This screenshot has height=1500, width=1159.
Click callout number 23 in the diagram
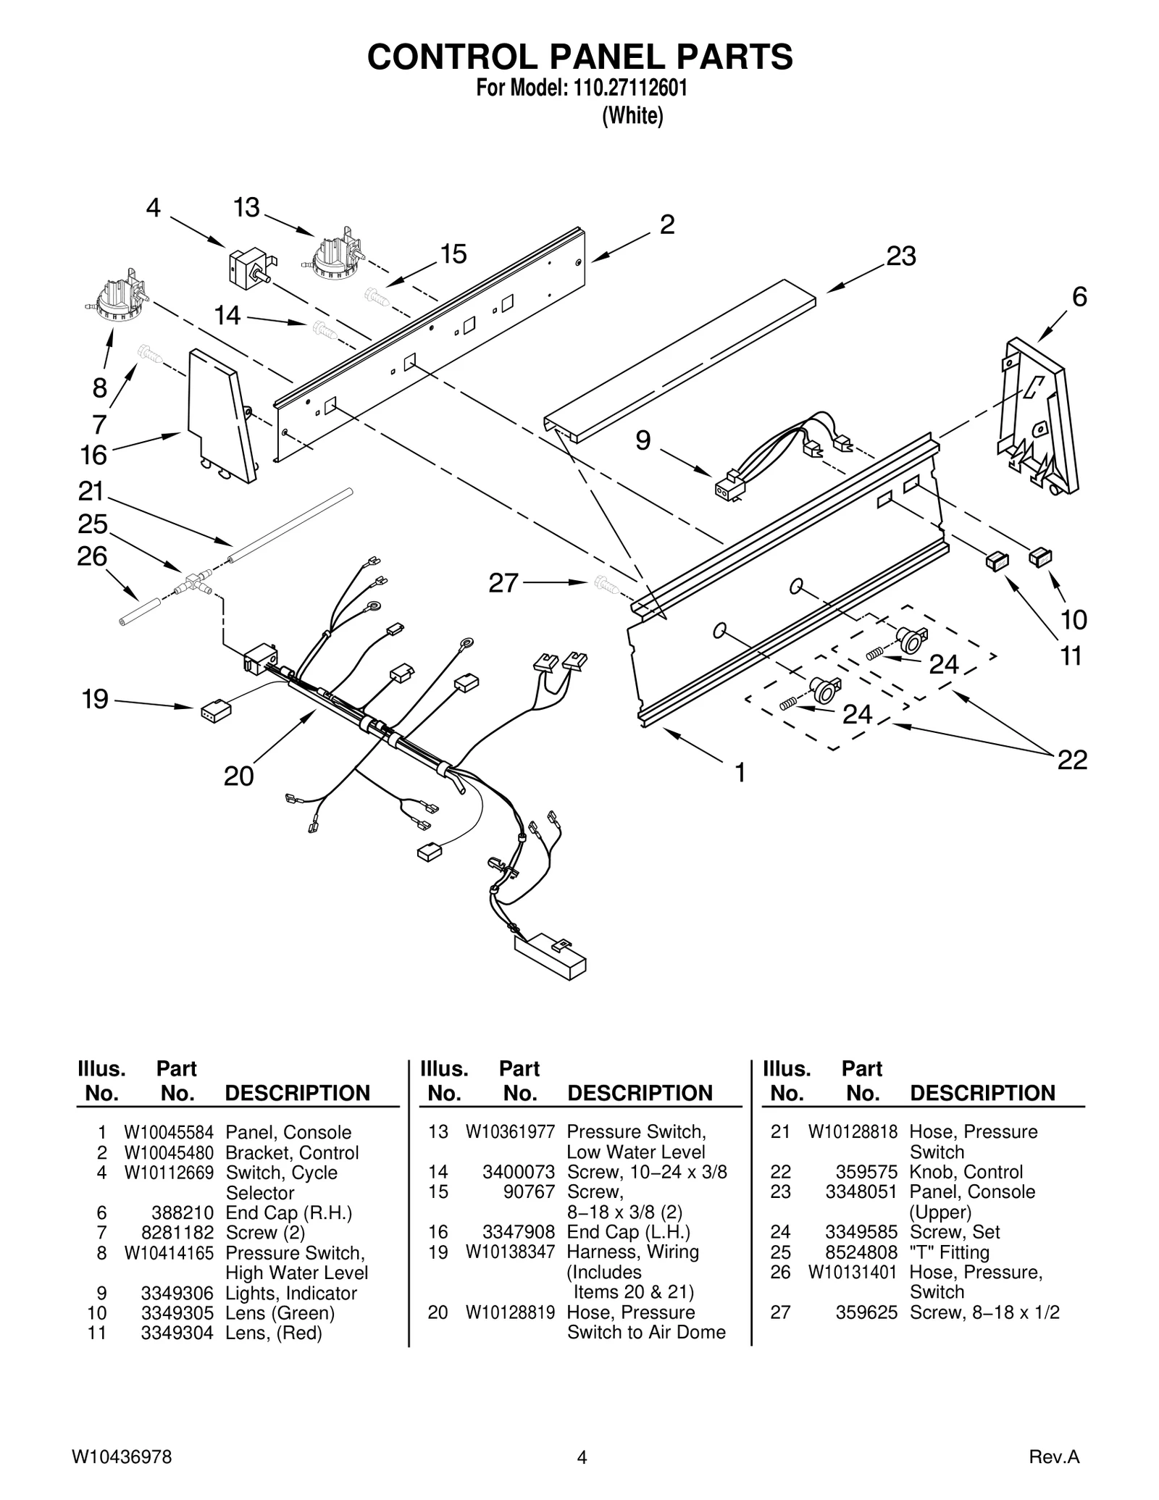pos(901,256)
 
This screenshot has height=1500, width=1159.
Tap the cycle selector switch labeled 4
pos(248,268)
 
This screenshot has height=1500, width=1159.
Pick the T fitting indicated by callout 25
pos(193,582)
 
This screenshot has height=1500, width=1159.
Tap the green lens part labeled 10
pos(1040,557)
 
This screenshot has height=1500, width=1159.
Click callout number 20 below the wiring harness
pos(238,776)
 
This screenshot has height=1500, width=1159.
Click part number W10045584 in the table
pos(169,1132)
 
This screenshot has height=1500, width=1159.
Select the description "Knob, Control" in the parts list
pos(966,1172)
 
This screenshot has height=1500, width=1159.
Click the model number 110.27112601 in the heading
pos(629,88)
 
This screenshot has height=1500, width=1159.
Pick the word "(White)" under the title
pos(632,116)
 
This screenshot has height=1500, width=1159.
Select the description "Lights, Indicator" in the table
pos(291,1293)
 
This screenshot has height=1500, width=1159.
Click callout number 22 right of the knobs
pos(1072,760)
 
